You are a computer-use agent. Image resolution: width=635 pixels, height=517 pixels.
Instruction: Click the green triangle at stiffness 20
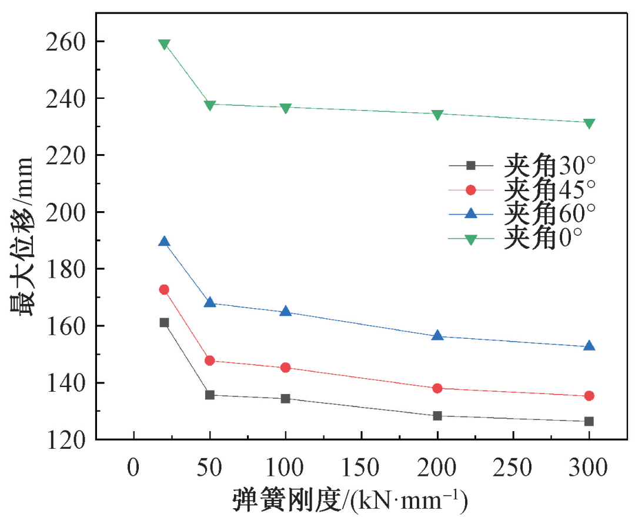pos(164,45)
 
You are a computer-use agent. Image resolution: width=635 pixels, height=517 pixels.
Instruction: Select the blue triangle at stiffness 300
pos(589,346)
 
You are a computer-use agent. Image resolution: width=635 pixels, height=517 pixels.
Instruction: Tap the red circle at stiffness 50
pos(210,361)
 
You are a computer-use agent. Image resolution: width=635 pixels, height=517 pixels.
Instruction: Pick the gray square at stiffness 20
pos(164,322)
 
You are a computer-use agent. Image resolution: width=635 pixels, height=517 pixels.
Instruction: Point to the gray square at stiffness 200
pos(437,416)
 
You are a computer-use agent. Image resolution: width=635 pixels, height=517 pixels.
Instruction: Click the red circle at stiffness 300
pos(589,396)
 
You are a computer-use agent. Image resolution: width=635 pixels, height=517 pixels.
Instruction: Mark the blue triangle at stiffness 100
pos(286,311)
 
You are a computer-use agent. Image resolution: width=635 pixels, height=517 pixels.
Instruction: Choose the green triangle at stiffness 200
pos(437,115)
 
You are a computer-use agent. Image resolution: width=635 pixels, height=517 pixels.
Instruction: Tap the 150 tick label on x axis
pos(361,468)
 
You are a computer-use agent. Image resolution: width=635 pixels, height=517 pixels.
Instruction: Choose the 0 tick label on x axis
pos(134,468)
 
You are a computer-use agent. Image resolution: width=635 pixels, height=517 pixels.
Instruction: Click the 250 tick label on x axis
pos(513,468)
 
